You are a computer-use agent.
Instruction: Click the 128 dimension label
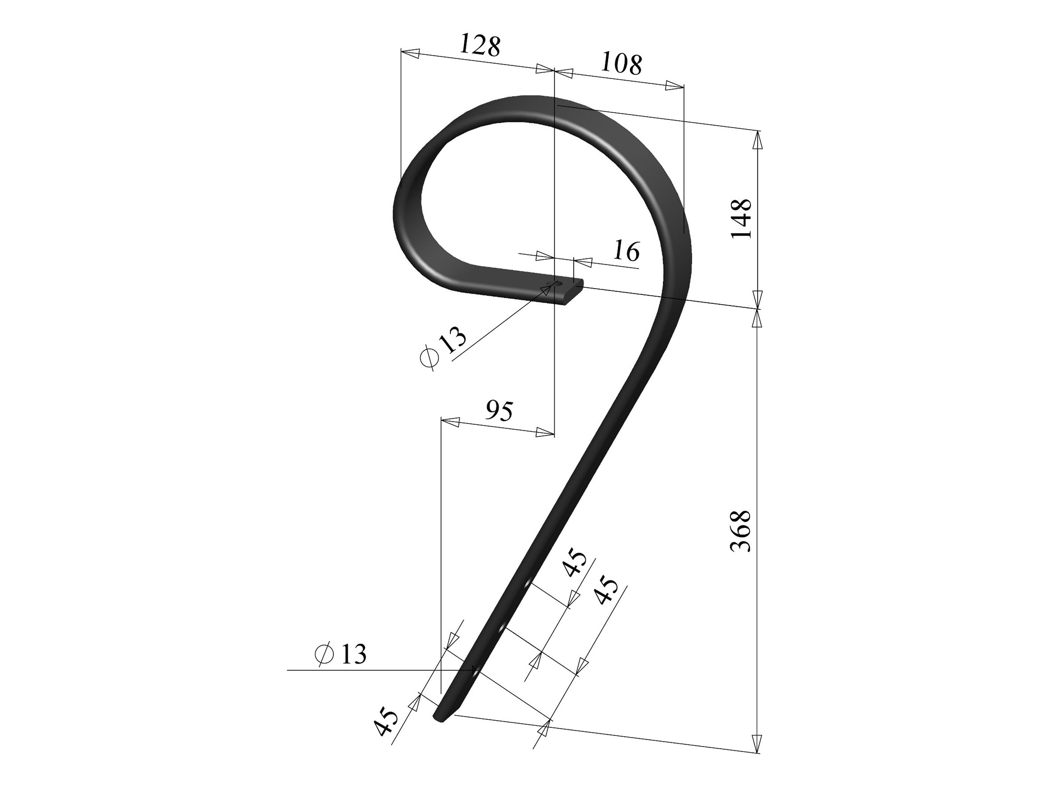click(480, 45)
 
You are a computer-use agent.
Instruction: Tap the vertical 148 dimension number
click(741, 219)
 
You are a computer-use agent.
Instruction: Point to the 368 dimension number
click(740, 531)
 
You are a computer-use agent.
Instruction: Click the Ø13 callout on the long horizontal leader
click(340, 655)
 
